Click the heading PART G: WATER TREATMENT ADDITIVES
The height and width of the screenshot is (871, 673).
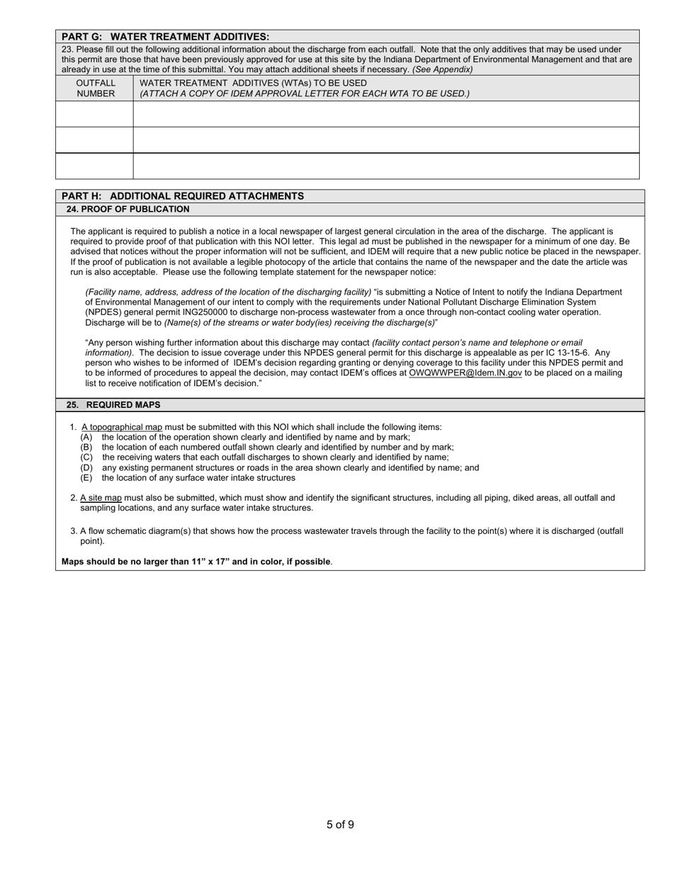point(165,37)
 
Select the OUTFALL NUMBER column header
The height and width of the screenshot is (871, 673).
point(96,88)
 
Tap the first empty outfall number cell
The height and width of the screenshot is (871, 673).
point(94,114)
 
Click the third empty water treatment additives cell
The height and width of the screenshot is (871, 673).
point(386,166)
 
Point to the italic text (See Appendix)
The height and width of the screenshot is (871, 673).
point(443,69)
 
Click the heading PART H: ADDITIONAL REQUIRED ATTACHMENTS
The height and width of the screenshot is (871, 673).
point(183,196)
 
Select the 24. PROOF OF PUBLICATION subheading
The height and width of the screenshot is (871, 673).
point(128,210)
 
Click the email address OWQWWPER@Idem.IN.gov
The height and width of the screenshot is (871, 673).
point(465,372)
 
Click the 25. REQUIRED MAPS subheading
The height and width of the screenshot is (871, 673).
point(113,405)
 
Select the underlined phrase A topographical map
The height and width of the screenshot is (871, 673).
point(122,427)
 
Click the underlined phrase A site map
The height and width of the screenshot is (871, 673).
point(101,498)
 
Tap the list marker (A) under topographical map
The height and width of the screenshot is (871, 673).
point(86,437)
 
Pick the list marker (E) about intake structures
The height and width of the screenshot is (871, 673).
point(86,478)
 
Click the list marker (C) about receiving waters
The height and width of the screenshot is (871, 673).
point(86,457)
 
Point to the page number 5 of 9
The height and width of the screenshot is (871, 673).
point(340,824)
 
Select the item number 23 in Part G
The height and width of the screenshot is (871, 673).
point(67,50)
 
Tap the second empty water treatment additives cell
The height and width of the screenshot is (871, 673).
point(386,140)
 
